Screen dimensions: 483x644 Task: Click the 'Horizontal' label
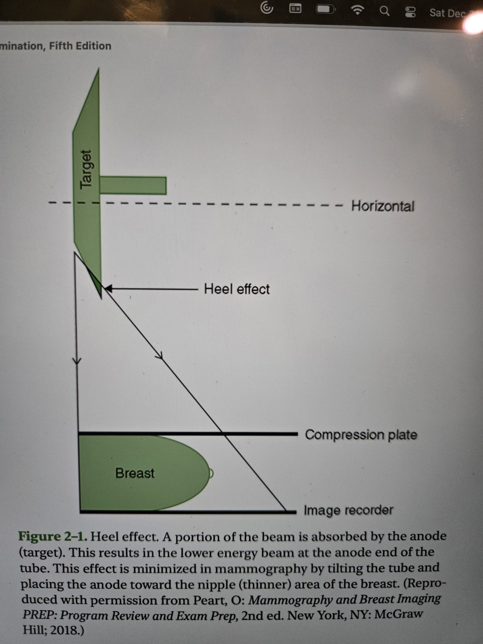[382, 206]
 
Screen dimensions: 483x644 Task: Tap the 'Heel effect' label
[236, 289]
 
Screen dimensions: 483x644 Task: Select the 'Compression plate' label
[361, 434]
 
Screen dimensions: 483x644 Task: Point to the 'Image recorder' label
[348, 510]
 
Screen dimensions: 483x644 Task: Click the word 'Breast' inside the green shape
[135, 473]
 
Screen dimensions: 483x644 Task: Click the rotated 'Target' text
[86, 169]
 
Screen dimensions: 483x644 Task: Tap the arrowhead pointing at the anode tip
[108, 289]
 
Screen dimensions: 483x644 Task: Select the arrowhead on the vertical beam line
[77, 361]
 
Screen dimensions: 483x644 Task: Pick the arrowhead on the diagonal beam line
[160, 357]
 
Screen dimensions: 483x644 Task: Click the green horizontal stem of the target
[133, 185]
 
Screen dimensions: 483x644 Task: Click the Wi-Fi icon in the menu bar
[357, 10]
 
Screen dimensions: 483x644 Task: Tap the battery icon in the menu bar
[325, 9]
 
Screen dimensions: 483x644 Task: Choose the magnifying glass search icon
[384, 11]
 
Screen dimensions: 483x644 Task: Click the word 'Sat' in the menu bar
[437, 13]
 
